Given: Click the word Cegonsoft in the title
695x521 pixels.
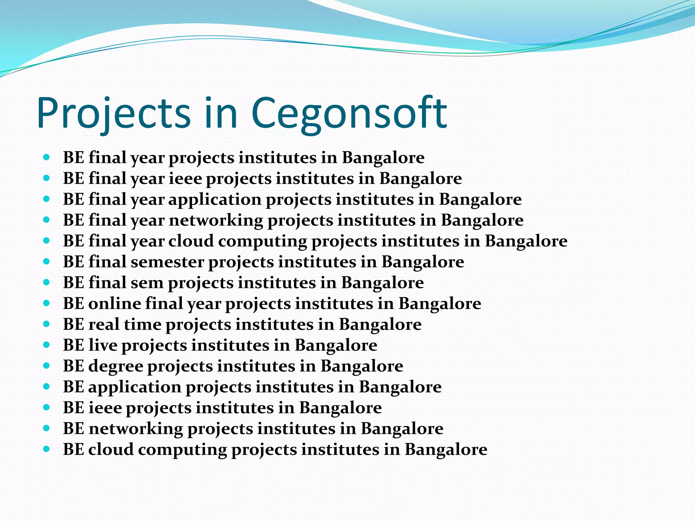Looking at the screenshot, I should click(349, 114).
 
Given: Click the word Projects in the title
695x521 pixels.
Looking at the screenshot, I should click(114, 114).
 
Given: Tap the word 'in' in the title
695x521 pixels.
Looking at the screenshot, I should click(221, 114).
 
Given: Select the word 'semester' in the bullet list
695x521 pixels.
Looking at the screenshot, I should click(167, 262).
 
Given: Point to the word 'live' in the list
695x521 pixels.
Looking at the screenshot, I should click(103, 345).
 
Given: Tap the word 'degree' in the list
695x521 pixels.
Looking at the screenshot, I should click(116, 366).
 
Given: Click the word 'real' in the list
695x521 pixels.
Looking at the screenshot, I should click(104, 324).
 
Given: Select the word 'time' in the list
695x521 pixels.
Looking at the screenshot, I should click(143, 324).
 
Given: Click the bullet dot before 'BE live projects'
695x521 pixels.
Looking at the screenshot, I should click(47, 345).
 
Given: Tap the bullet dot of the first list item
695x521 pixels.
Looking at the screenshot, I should click(47, 157).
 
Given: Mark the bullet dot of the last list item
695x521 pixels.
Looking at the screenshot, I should click(47, 449).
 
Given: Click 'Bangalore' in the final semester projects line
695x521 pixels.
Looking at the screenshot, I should click(422, 262).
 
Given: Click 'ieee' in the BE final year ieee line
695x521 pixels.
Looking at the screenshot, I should click(185, 178).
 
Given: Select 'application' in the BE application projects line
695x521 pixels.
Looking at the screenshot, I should click(135, 387).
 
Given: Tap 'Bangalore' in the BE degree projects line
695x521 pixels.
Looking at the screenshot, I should click(362, 366).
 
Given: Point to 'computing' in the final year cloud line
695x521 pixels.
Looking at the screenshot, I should click(262, 241).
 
